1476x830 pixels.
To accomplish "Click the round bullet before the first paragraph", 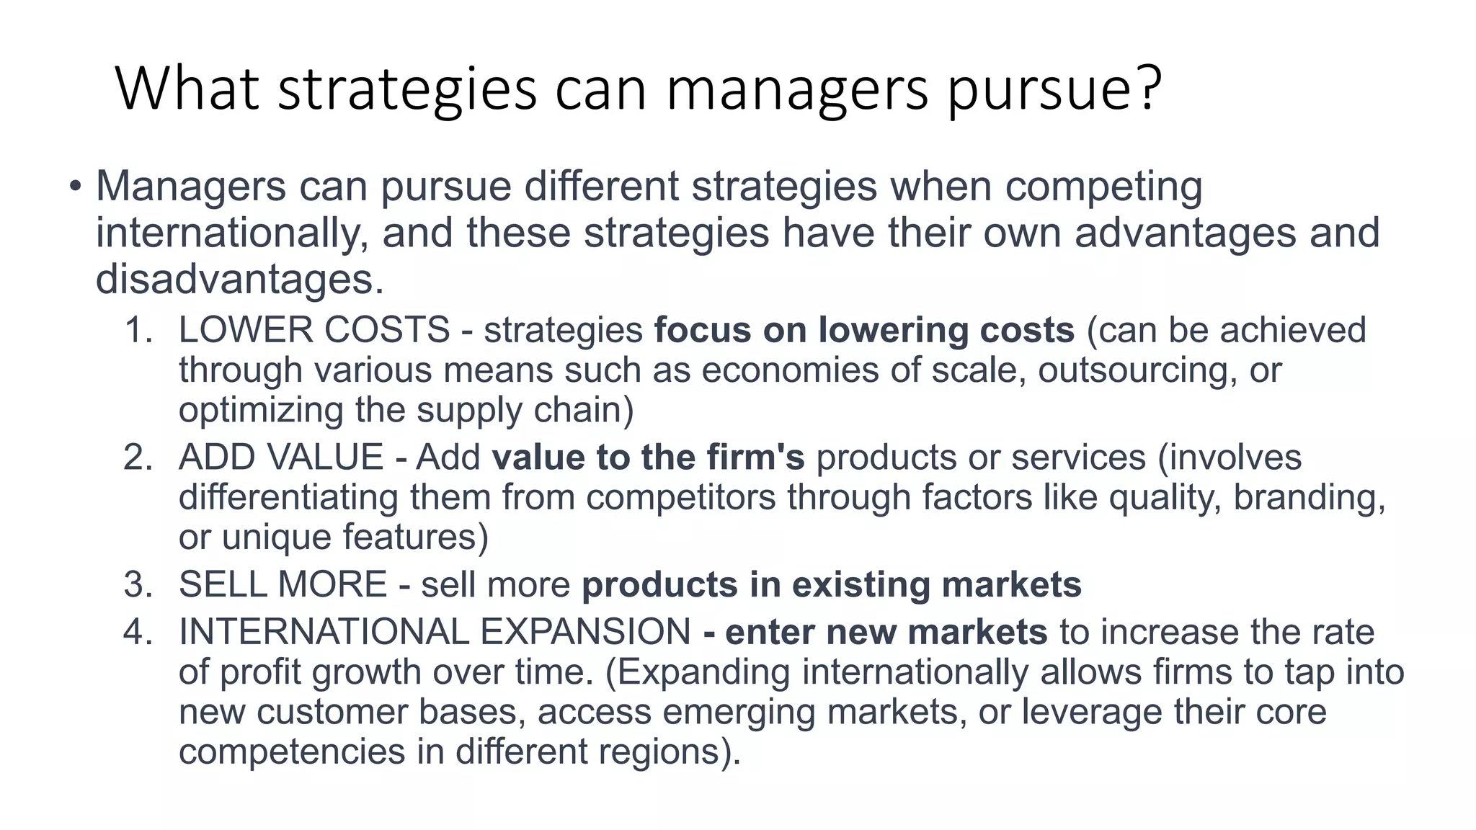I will pos(76,187).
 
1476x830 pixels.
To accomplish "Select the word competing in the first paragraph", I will pos(1103,187).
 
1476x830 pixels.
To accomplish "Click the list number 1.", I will pos(138,330).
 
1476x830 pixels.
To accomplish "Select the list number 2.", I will pos(138,458).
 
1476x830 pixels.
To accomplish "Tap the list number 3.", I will pos(138,584).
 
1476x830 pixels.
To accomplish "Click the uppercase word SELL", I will pos(221,584).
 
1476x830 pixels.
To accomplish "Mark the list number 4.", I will pos(138,632).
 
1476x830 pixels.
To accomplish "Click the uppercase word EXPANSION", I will pos(585,632).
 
